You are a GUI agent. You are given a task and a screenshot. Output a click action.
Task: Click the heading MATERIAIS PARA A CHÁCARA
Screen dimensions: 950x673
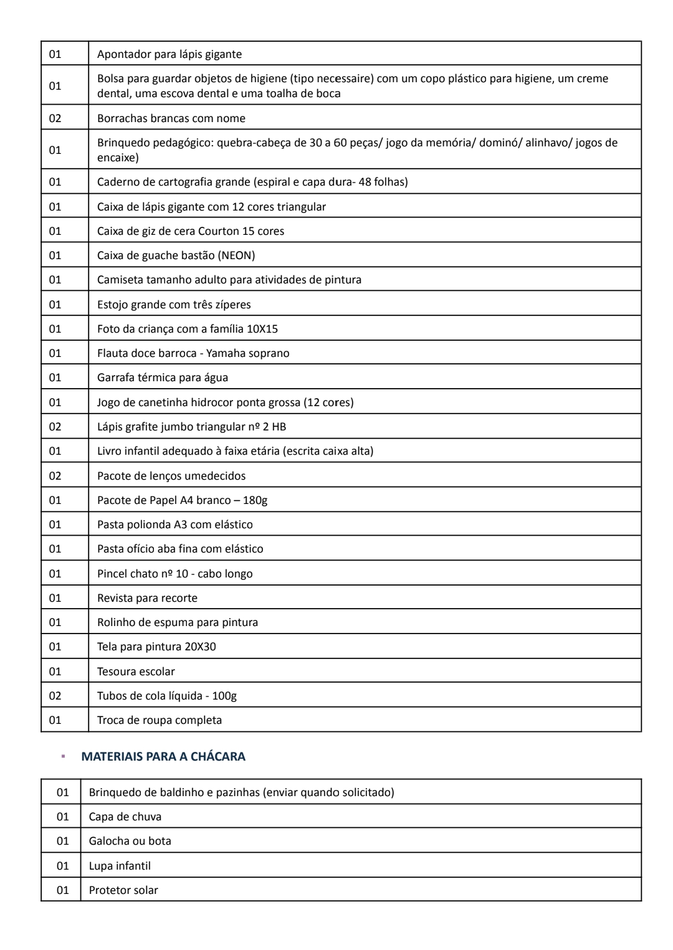(x=163, y=756)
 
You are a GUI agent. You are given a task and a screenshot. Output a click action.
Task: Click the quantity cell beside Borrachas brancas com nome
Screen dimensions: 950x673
(x=55, y=118)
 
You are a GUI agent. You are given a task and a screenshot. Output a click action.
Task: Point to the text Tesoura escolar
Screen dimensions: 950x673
(x=136, y=671)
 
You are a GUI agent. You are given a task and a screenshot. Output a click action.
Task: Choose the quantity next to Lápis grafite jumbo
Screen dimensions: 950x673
(x=55, y=427)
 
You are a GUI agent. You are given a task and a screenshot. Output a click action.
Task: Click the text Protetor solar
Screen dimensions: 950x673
(x=123, y=890)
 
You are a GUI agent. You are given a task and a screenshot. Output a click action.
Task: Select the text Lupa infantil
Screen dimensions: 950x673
(x=120, y=865)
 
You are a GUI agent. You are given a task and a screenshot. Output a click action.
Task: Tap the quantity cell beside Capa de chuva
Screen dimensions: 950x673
(x=63, y=816)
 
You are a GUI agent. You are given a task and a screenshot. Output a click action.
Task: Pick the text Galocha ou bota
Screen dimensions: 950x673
(x=130, y=840)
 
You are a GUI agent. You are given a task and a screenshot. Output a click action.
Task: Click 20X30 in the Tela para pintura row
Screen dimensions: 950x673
(x=200, y=647)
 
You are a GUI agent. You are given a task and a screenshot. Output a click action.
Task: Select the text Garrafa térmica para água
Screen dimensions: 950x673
(x=162, y=378)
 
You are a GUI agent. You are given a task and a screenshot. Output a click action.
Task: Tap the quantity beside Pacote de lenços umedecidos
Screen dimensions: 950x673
(x=55, y=476)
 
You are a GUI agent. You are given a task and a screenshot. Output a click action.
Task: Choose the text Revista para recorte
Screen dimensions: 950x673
(x=147, y=598)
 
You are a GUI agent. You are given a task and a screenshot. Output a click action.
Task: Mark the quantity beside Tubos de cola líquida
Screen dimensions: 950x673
(x=55, y=696)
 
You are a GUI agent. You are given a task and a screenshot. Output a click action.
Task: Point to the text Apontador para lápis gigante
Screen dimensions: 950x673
(x=169, y=54)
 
